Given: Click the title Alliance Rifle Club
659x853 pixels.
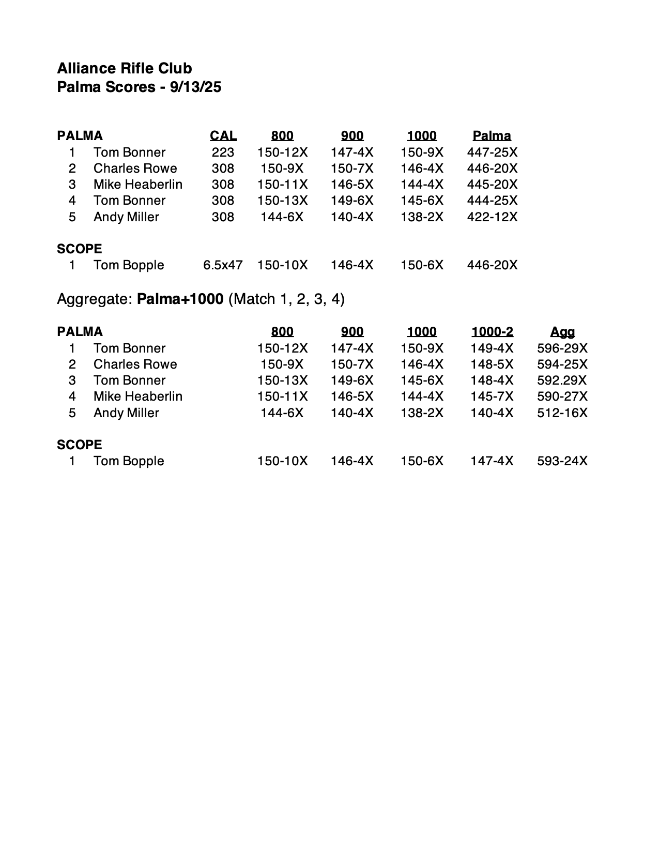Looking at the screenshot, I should [125, 68].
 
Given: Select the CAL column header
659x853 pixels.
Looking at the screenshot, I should [223, 136].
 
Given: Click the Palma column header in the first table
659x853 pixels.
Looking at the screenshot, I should [492, 136].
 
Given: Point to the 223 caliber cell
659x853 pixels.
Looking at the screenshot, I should [223, 153].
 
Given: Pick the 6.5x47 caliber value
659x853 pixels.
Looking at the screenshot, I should [223, 265].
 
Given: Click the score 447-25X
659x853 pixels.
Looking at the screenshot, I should [492, 153].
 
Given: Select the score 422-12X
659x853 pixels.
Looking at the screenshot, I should [492, 217].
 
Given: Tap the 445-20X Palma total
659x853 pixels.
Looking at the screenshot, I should [492, 185].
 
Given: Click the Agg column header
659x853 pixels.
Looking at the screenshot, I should [562, 332].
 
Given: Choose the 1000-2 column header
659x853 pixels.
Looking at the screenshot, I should [492, 332].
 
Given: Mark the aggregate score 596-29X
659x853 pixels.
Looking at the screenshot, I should [562, 348].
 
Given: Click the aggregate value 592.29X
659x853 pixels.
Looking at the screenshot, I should [562, 380].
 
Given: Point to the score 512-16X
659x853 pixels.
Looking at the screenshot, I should [562, 413].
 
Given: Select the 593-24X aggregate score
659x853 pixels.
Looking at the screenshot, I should [562, 461].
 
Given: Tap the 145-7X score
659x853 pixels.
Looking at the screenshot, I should [492, 397].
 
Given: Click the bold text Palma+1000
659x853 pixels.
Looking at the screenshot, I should [180, 299].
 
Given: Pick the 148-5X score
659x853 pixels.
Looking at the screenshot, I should [492, 364].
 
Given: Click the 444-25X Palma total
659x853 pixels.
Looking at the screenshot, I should [492, 201].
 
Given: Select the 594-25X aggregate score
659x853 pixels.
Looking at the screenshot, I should [562, 364].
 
